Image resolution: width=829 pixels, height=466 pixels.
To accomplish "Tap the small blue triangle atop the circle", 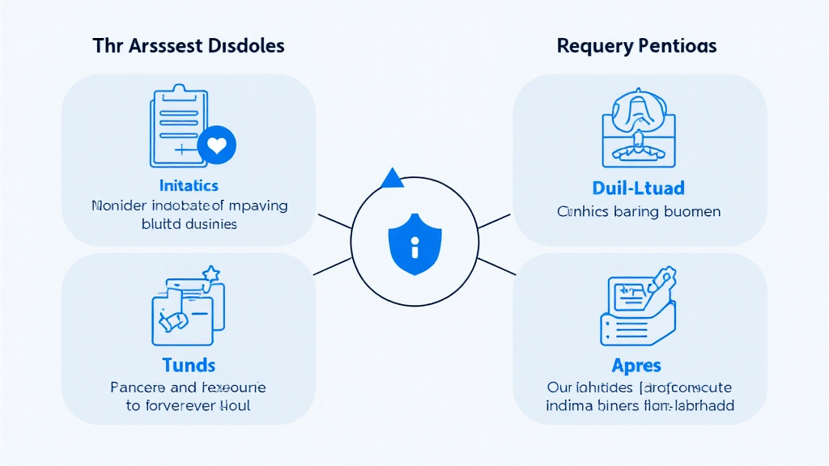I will pyautogui.click(x=392, y=179).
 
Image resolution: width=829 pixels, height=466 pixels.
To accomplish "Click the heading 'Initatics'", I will pyautogui.click(x=189, y=185).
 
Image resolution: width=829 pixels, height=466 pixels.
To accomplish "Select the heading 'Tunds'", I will pyautogui.click(x=188, y=366).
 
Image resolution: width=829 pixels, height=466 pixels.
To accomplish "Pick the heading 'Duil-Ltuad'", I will pyautogui.click(x=638, y=189).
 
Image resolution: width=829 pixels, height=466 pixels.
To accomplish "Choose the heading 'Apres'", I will pyautogui.click(x=637, y=366).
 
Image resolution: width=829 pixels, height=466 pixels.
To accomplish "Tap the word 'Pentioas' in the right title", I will pyautogui.click(x=677, y=45).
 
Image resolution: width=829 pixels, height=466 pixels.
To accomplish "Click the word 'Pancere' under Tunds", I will pyautogui.click(x=137, y=388).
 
